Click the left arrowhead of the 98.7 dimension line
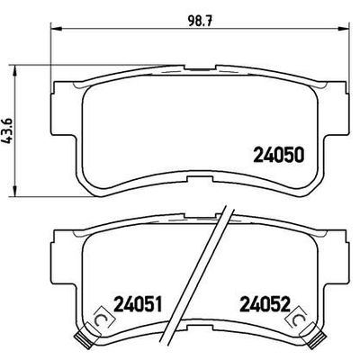[x=49, y=31]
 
